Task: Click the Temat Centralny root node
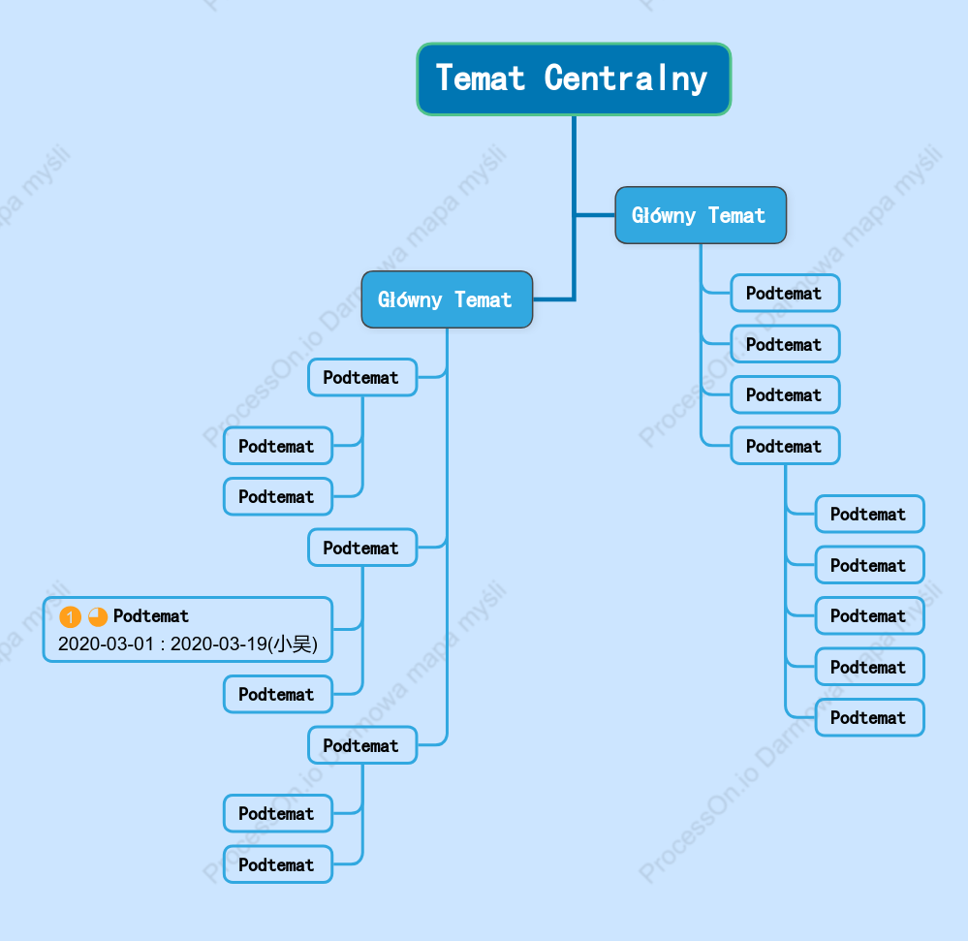pos(575,79)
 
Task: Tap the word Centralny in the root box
pos(625,79)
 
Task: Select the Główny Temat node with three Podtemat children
pos(447,299)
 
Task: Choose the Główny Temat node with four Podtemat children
pos(701,215)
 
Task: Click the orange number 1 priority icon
pos(70,616)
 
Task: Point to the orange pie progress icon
pos(98,616)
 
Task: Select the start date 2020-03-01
pos(106,644)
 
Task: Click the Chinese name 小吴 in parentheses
pos(293,644)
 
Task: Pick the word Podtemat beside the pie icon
pos(151,616)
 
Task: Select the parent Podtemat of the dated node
pos(362,548)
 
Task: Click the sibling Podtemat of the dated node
pos(278,694)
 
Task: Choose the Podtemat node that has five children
pos(785,446)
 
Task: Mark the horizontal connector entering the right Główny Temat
pos(596,215)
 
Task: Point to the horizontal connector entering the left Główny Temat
pos(553,299)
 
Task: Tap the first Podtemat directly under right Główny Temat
pos(785,294)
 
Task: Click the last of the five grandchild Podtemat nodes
pos(870,717)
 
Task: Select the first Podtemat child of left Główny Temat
pos(362,377)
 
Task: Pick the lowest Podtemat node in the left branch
pos(278,864)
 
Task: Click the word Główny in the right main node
pos(664,215)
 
